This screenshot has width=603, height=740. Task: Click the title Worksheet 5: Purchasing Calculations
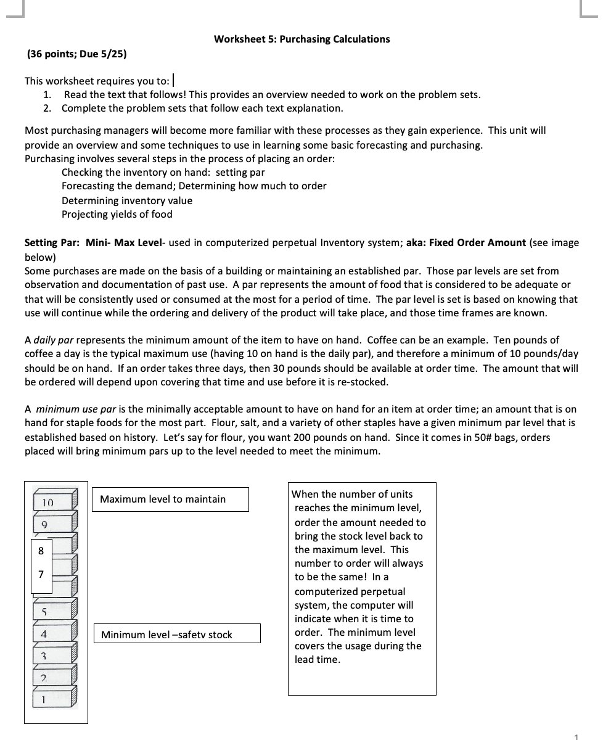[x=301, y=39]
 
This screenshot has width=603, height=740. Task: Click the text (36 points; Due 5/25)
[x=77, y=54]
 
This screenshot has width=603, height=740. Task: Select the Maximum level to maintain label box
[x=170, y=499]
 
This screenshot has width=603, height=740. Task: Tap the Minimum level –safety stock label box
[x=176, y=634]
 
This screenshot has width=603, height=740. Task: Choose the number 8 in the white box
[x=41, y=551]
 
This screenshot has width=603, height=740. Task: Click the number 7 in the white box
[x=41, y=574]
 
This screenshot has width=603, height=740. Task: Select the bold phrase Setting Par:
[x=52, y=242]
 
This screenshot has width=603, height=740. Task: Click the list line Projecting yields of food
[x=117, y=214]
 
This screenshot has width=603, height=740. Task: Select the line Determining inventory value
[x=126, y=200]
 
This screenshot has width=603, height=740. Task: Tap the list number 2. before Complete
[x=47, y=108]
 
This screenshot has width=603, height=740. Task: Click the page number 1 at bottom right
[x=576, y=736]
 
